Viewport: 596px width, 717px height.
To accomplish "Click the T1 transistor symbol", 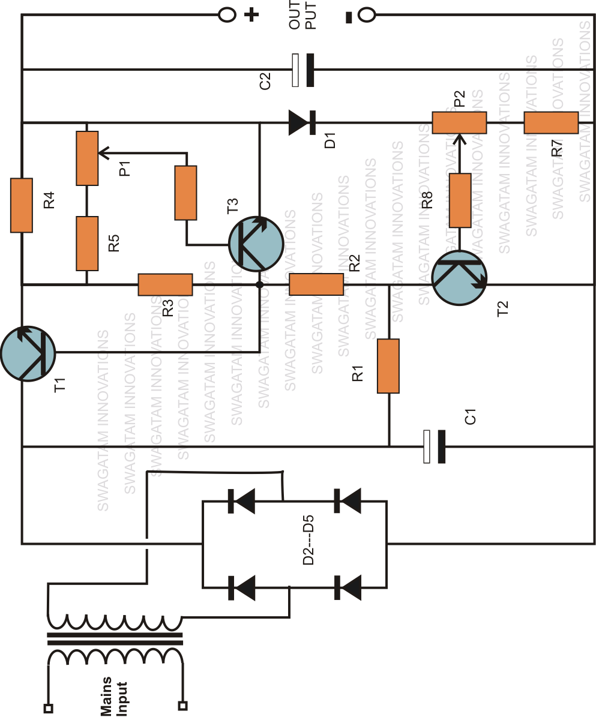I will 28,353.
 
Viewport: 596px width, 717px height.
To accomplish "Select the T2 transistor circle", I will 459,277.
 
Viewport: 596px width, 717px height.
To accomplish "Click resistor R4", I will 22,205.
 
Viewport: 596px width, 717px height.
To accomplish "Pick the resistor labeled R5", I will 87,244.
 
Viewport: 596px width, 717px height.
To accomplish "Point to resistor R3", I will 165,284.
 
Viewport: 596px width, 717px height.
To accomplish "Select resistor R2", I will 316,284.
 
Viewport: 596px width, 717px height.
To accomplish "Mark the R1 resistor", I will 388,366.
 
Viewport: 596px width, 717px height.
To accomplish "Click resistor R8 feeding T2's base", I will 460,200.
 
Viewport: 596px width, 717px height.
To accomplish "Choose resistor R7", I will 550,123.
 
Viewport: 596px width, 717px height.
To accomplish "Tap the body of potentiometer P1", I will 87,158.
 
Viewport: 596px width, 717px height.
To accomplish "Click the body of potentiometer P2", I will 459,123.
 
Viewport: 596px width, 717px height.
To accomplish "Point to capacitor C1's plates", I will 434,446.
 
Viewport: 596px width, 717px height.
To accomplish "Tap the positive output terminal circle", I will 226,15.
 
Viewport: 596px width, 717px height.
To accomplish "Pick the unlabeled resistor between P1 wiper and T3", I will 185,193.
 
